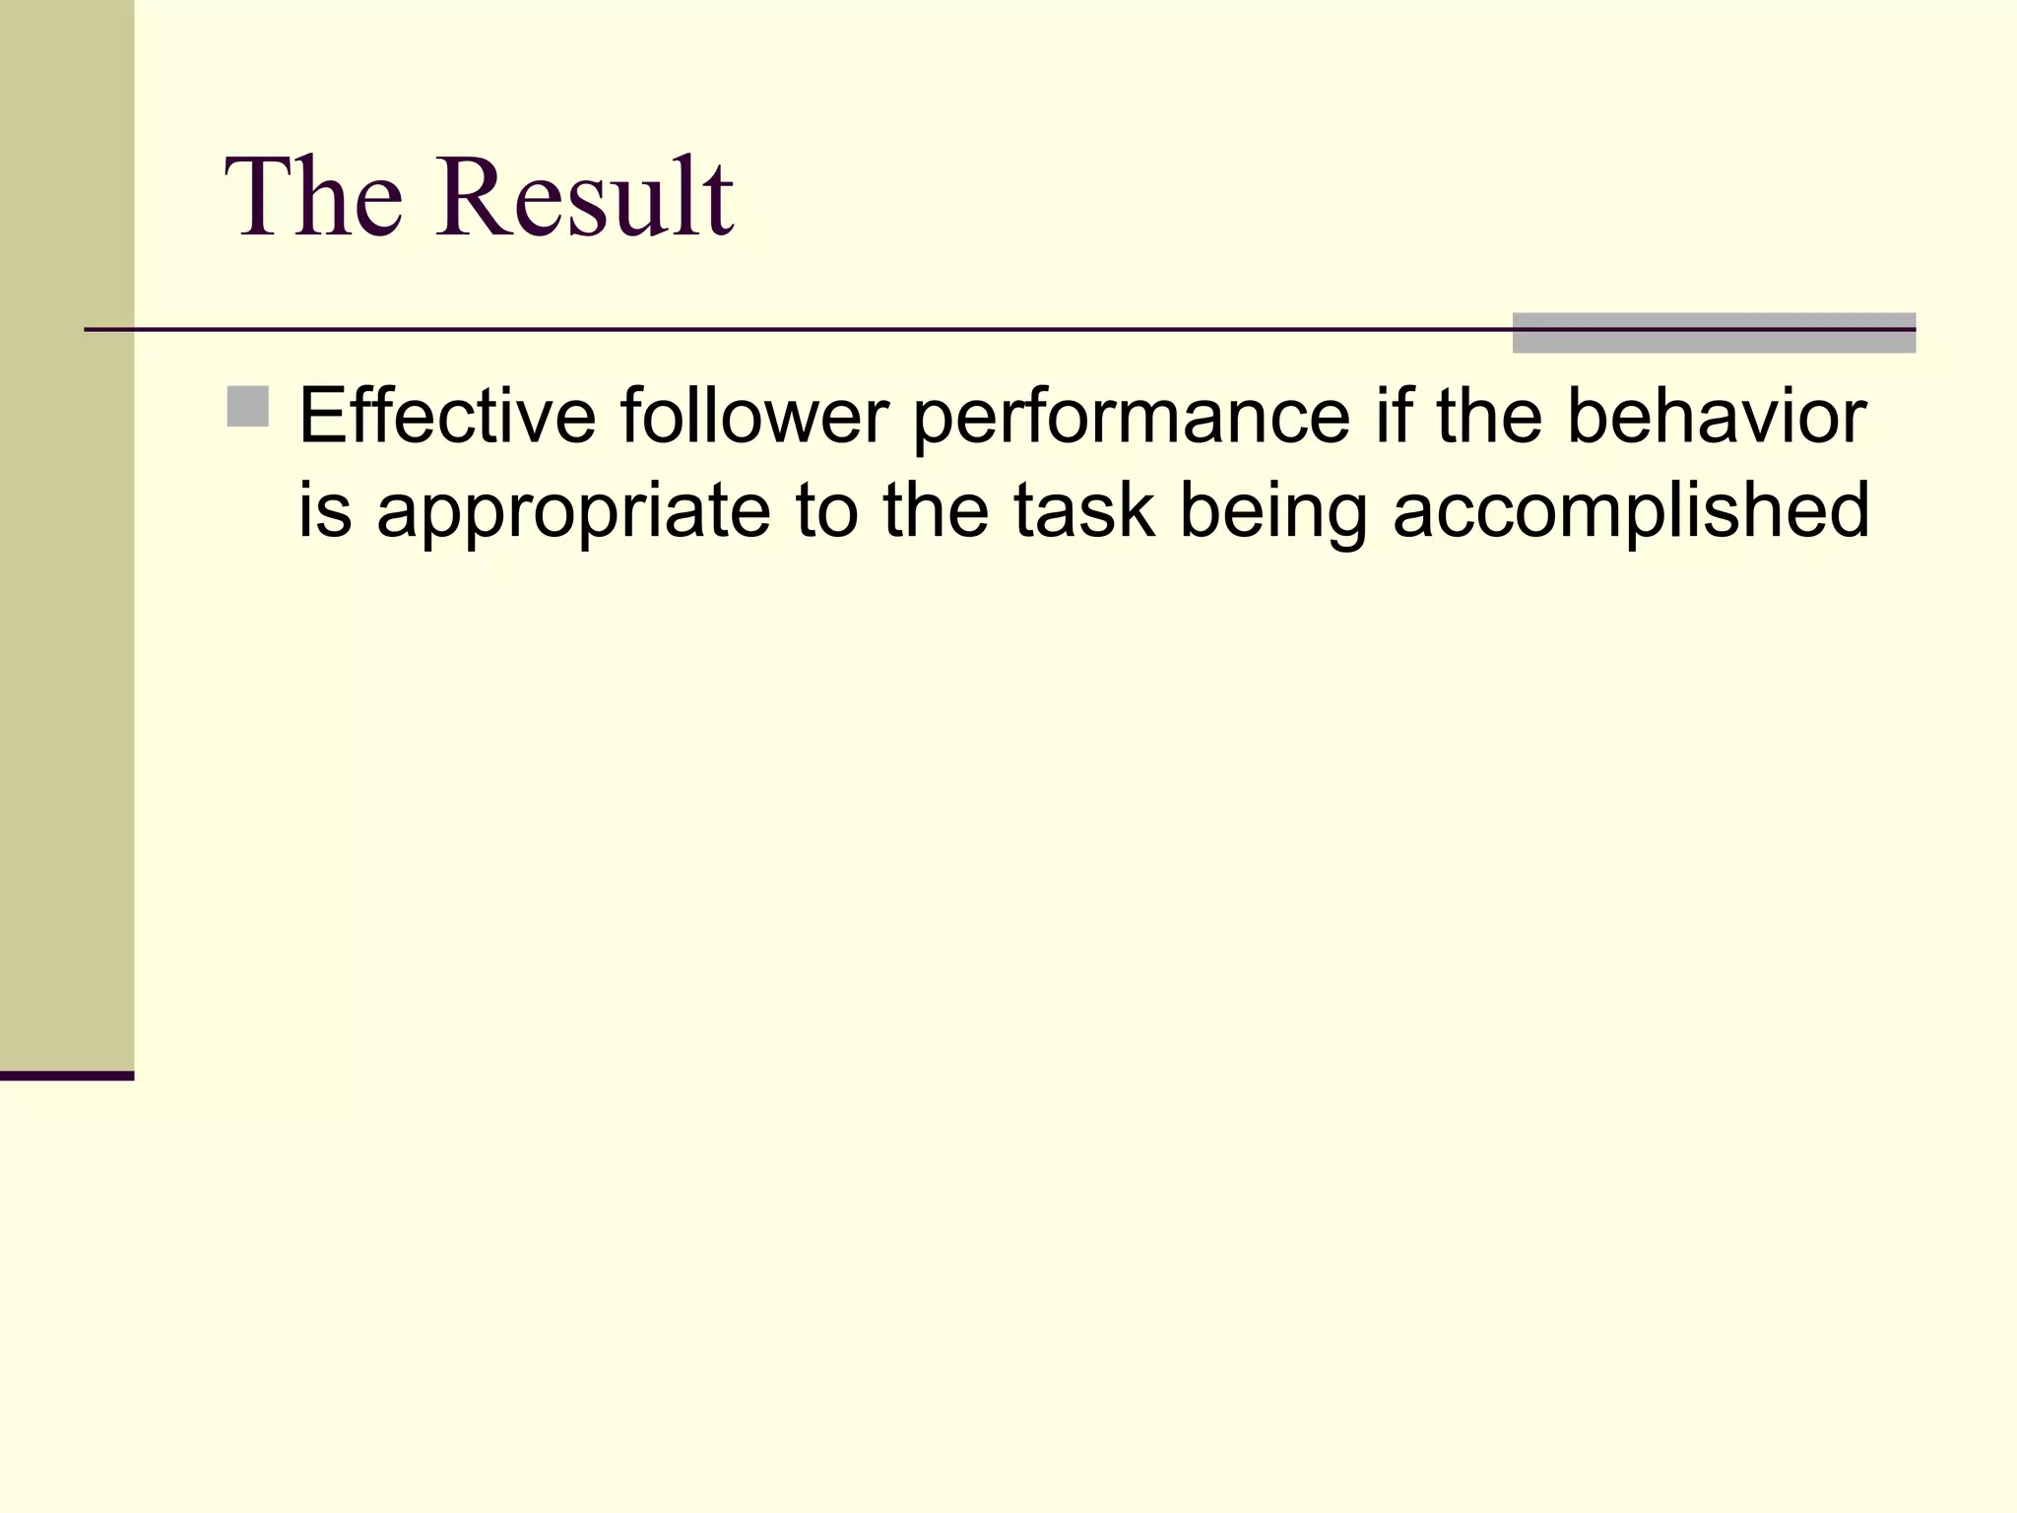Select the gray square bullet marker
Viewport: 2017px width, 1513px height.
tap(247, 407)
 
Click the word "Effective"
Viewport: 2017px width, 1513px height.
tap(447, 416)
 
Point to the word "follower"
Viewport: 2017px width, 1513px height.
tap(754, 416)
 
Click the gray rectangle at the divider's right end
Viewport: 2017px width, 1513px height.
tap(1714, 333)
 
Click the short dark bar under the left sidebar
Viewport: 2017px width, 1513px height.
tap(67, 1076)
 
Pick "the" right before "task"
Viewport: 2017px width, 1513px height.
tap(936, 510)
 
